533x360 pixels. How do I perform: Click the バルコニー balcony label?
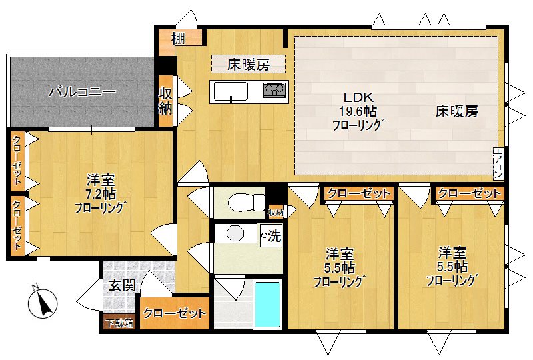pyautogui.click(x=83, y=93)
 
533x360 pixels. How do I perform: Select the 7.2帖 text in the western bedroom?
pyautogui.click(x=100, y=194)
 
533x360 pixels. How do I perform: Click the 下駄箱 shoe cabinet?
pyautogui.click(x=119, y=323)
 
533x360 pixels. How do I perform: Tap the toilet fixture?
pyautogui.click(x=237, y=201)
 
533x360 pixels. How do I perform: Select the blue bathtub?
pyautogui.click(x=268, y=305)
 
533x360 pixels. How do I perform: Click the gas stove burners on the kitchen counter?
pyautogui.click(x=274, y=90)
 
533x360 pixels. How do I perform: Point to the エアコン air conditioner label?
pyautogui.click(x=498, y=163)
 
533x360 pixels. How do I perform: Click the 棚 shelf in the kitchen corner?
pyautogui.click(x=177, y=39)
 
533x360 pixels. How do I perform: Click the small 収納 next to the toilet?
pyautogui.click(x=275, y=213)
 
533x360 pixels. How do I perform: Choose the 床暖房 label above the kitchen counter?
pyautogui.click(x=248, y=65)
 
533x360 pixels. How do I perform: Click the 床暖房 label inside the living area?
pyautogui.click(x=457, y=111)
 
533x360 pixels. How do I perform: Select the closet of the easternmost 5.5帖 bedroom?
pyautogui.click(x=469, y=193)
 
